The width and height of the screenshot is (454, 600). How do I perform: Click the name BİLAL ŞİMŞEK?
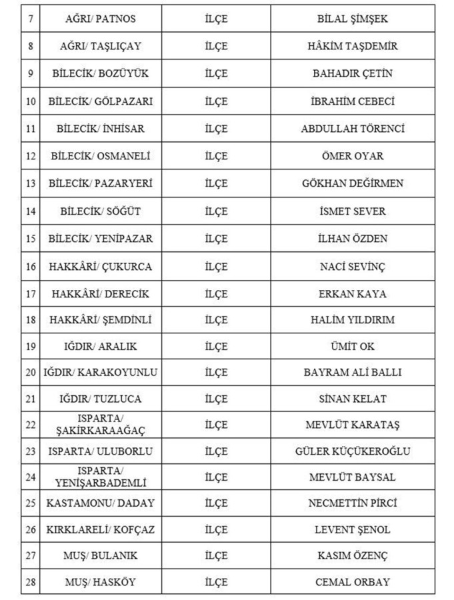[x=353, y=19]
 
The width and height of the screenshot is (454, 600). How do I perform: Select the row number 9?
[x=30, y=74]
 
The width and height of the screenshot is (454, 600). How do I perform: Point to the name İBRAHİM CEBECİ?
[x=353, y=101]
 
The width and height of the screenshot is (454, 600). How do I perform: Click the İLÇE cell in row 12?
[x=216, y=156]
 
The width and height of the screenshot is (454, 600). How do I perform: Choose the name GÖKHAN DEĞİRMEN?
[x=353, y=183]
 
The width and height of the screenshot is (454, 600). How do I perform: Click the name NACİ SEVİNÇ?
[x=353, y=267]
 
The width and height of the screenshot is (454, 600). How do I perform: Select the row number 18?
[x=30, y=320]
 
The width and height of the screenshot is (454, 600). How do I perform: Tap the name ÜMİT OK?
[x=353, y=347]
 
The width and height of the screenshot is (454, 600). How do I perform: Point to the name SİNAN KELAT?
[x=353, y=399]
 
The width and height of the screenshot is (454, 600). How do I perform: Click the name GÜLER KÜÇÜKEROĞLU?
[x=353, y=451]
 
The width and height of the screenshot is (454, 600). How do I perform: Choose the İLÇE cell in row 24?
[x=216, y=477]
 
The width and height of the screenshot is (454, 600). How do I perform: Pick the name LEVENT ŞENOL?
[x=353, y=530]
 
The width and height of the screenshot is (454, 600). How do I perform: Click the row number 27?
[x=30, y=556]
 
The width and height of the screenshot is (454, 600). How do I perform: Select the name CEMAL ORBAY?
[x=353, y=582]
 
